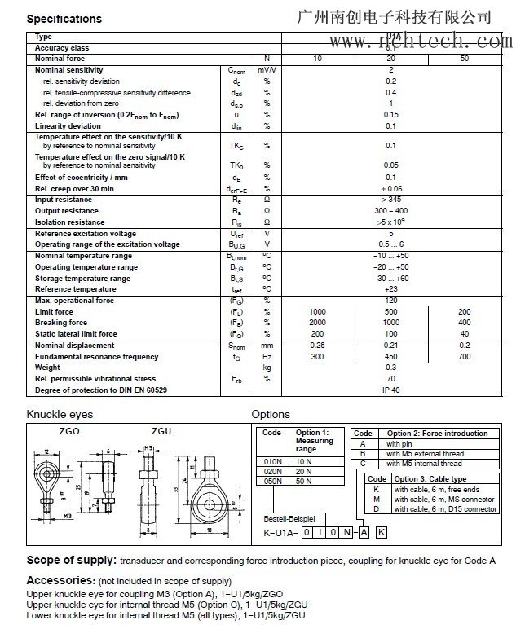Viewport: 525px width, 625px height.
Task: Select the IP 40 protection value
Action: point(390,389)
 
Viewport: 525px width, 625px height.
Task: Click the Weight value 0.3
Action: point(390,368)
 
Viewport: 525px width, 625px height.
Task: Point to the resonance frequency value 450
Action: point(390,357)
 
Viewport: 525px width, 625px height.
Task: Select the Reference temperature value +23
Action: point(390,289)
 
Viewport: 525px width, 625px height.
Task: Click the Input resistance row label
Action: point(63,200)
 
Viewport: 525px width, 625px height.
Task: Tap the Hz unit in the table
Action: point(266,357)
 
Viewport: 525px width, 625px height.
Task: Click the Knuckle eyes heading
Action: point(60,414)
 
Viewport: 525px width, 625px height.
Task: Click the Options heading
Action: point(271,414)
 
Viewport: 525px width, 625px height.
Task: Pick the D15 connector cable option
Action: point(445,509)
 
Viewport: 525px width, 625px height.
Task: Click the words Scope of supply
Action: point(71,561)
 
